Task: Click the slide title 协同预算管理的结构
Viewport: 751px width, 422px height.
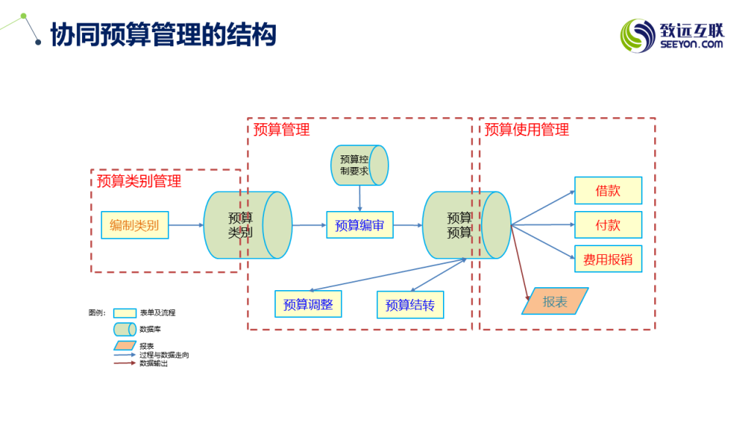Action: (163, 34)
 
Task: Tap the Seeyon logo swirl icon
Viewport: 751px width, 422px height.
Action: (637, 34)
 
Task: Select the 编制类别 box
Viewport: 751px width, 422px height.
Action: (134, 225)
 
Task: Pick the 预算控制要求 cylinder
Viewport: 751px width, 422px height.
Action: (359, 165)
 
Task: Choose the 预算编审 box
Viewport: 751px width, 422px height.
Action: (359, 225)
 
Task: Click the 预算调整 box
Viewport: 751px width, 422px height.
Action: (308, 304)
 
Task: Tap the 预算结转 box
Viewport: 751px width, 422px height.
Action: (410, 305)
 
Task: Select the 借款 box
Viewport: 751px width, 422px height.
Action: (608, 190)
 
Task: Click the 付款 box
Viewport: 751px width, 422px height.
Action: (608, 225)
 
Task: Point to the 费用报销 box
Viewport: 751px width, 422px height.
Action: (608, 259)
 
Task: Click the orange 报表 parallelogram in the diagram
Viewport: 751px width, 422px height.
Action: (555, 301)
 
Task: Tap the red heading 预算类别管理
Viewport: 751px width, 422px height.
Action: (139, 181)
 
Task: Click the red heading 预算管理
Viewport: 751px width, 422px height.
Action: (282, 130)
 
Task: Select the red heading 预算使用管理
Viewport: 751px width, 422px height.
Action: (527, 130)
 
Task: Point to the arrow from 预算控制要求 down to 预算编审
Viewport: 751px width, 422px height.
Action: (359, 198)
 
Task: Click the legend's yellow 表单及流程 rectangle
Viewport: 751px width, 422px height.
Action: (125, 313)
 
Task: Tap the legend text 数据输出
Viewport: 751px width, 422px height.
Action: (154, 363)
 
